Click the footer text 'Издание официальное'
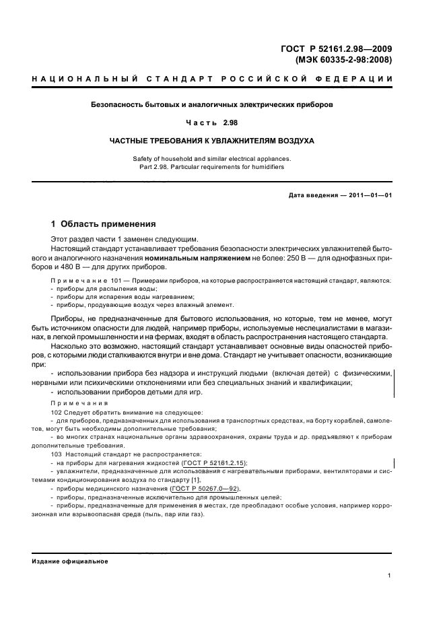(x=70, y=561)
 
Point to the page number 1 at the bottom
(x=390, y=575)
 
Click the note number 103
(x=57, y=454)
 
